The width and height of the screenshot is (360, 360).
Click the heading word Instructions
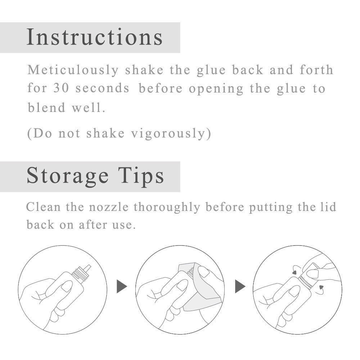pyautogui.click(x=95, y=37)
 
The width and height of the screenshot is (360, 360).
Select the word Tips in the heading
pyautogui.click(x=145, y=176)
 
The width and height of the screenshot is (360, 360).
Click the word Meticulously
pyautogui.click(x=73, y=70)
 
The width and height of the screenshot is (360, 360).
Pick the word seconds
pyautogui.click(x=102, y=89)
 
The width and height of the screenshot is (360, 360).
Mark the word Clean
pyautogui.click(x=42, y=207)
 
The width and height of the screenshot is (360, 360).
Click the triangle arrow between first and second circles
pyautogui.click(x=122, y=287)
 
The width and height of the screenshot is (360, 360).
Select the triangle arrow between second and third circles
pyautogui.click(x=240, y=287)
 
